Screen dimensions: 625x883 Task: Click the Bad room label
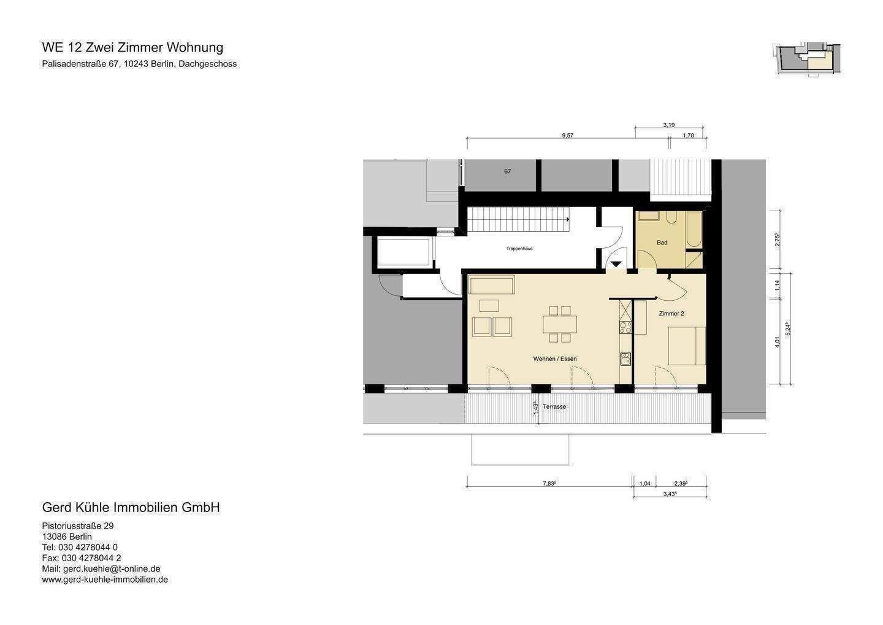(662, 243)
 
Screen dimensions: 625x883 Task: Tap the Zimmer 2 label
(671, 314)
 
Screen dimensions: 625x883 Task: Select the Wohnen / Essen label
(554, 359)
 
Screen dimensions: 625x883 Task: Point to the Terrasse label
(554, 407)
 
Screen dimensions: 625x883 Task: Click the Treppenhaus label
(519, 249)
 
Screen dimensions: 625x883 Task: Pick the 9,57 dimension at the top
(567, 135)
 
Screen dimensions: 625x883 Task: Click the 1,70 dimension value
(688, 135)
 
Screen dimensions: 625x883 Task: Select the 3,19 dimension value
(668, 125)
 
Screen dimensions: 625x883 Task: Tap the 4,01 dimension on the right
(777, 342)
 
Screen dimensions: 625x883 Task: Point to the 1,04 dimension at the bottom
(644, 484)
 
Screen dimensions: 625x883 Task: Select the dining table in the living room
(559, 324)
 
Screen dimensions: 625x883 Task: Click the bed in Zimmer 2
(686, 346)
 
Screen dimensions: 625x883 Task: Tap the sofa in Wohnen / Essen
(491, 285)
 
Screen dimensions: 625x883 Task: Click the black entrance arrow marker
(616, 264)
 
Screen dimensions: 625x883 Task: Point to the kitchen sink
(625, 359)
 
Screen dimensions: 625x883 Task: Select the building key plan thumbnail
(806, 60)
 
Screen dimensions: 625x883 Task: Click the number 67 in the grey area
(507, 171)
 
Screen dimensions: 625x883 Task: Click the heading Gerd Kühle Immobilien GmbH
(131, 508)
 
